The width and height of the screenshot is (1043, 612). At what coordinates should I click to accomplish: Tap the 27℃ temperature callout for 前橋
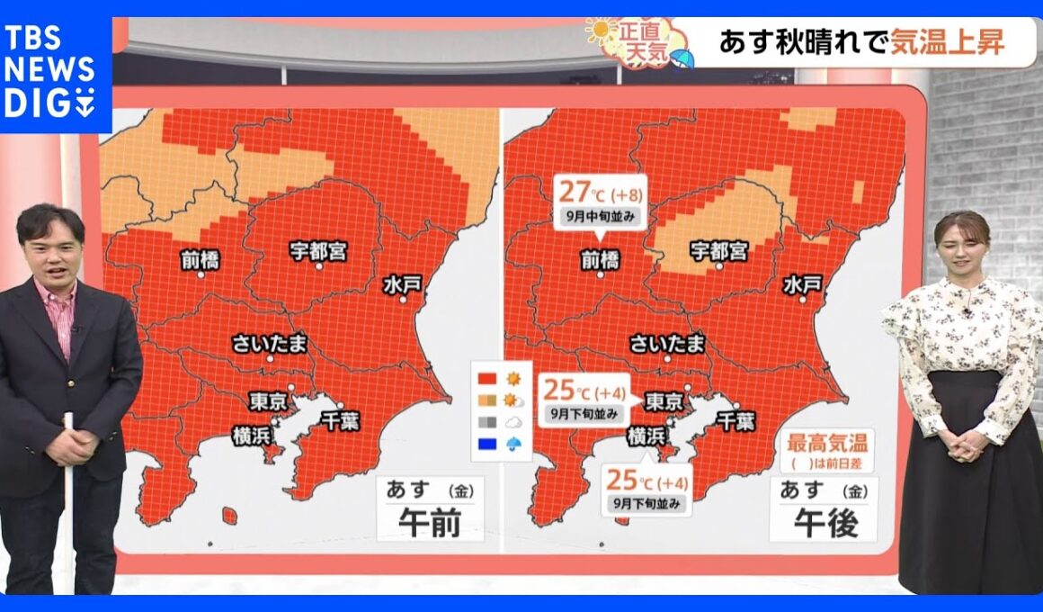[599, 200]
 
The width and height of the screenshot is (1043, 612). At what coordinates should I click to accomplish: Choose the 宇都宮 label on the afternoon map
[718, 250]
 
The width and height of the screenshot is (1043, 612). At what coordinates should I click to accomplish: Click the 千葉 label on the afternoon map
[735, 420]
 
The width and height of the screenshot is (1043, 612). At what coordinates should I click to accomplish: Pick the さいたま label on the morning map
[268, 343]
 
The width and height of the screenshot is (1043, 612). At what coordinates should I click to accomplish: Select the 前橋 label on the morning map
[200, 259]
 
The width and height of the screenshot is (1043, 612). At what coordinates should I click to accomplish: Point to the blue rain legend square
[487, 442]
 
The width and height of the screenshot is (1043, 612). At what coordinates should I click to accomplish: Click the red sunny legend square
[487, 377]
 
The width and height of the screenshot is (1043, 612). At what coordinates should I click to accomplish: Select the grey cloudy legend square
[487, 420]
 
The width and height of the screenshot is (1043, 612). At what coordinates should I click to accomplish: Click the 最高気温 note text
[825, 444]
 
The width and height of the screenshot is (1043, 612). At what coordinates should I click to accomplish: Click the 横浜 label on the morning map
[252, 434]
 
